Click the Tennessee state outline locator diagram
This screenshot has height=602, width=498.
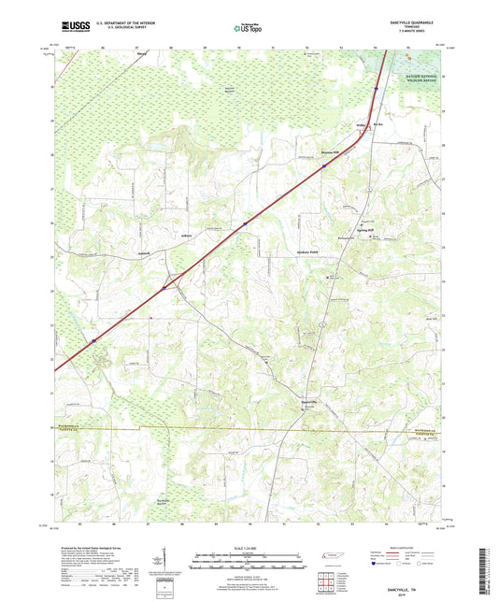tap(330, 556)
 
